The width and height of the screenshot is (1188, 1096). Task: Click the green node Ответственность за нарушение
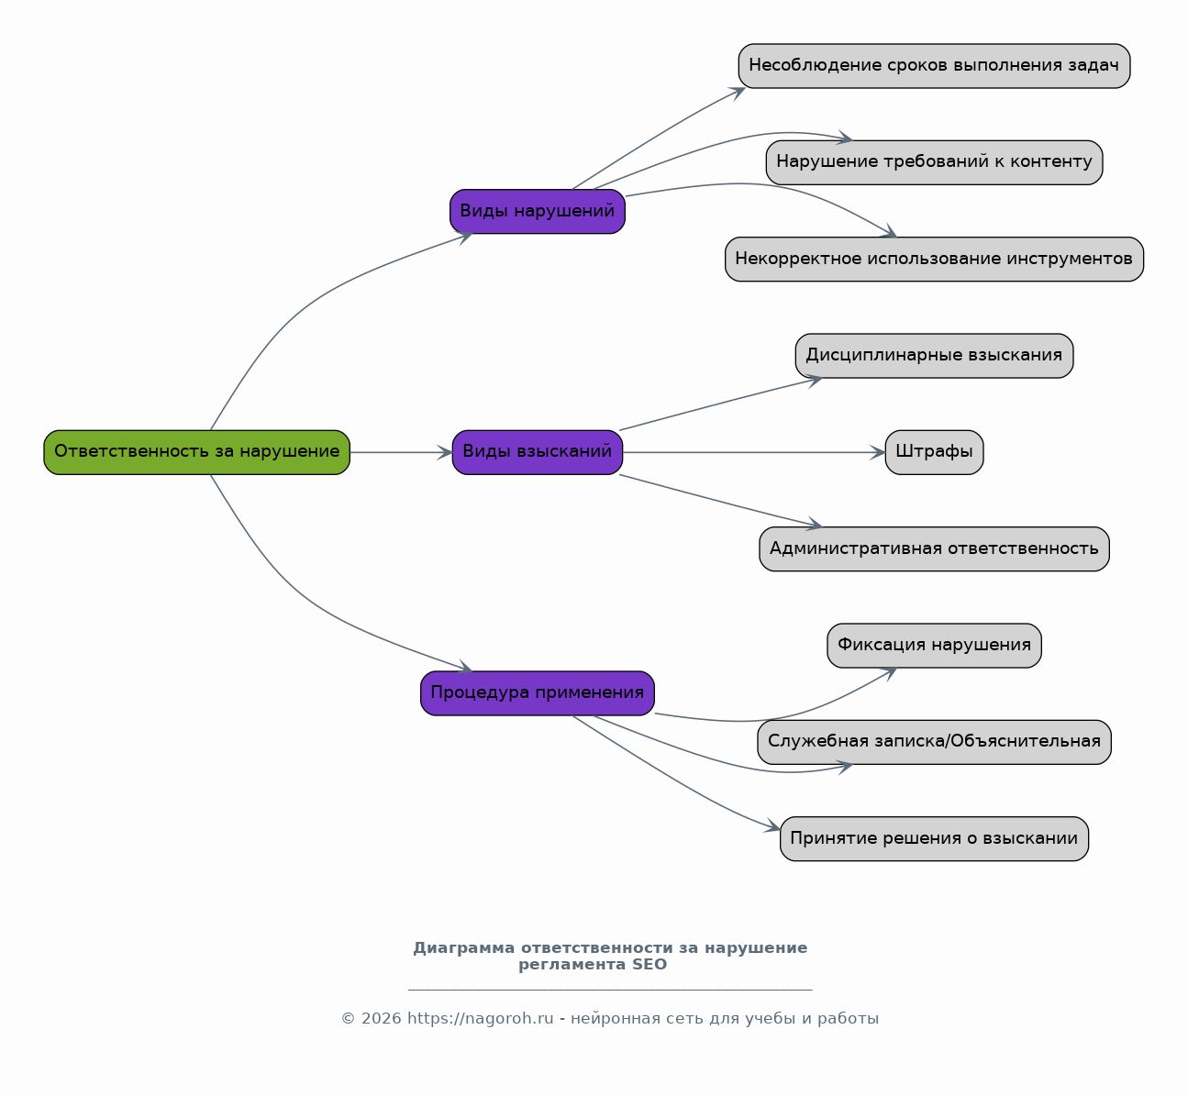(x=197, y=452)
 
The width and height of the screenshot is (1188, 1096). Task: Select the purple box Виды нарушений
(x=538, y=211)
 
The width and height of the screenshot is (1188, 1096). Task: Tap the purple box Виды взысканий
(x=538, y=452)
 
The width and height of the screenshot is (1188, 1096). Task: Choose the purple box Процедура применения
(x=538, y=692)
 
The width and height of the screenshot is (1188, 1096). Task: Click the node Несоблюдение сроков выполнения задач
(x=934, y=66)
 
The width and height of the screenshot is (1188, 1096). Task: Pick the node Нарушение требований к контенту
(x=934, y=162)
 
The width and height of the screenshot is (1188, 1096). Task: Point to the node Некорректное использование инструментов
(x=934, y=259)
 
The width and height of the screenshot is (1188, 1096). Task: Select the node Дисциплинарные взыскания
(x=934, y=355)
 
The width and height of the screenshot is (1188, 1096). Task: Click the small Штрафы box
(x=934, y=452)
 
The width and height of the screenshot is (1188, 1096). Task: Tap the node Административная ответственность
(x=934, y=548)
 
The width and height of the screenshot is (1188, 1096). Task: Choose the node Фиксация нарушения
(x=934, y=646)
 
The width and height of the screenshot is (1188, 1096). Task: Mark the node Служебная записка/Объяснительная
(x=934, y=742)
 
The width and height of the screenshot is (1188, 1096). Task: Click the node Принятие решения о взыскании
(x=934, y=839)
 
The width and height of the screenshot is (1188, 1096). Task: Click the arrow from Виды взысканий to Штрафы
(x=754, y=452)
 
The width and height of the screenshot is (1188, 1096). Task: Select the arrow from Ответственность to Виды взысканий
(x=401, y=452)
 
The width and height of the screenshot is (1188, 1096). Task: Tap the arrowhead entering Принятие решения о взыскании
(x=772, y=826)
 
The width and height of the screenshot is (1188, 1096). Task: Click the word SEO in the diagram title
(x=649, y=964)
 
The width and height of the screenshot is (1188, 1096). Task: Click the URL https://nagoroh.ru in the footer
(x=481, y=1018)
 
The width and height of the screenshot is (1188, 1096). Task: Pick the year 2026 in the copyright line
(x=381, y=1018)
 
